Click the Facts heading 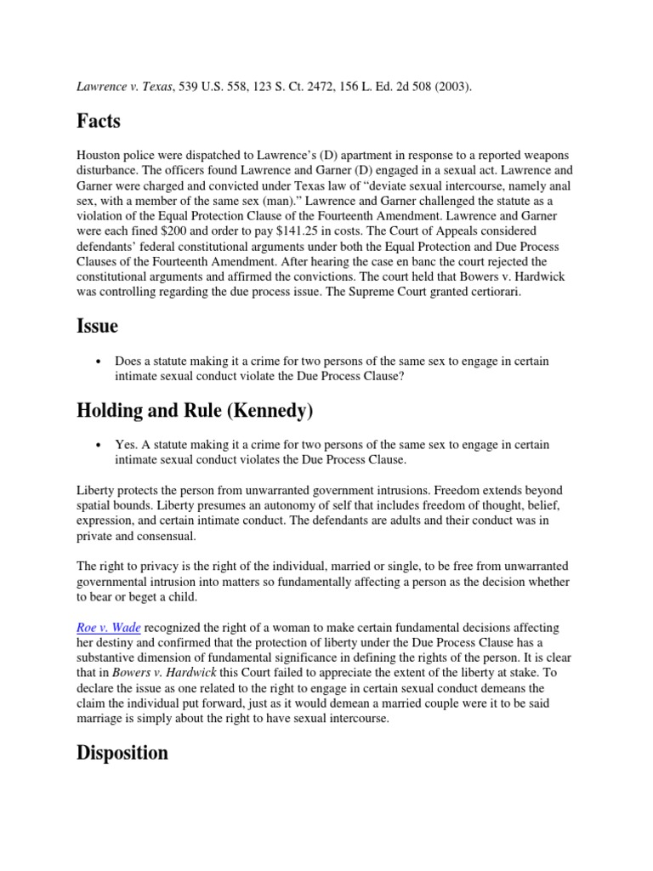(x=99, y=122)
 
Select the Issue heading (x=97, y=327)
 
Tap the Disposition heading (x=122, y=753)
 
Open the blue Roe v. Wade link (x=109, y=627)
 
